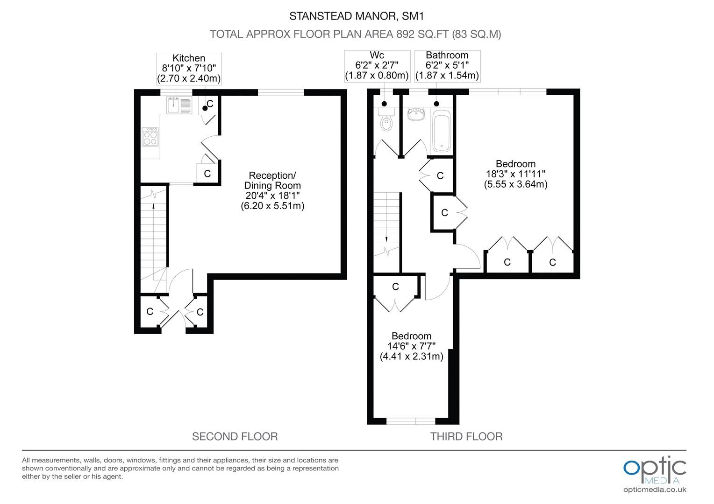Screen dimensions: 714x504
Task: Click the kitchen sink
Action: [x=179, y=105]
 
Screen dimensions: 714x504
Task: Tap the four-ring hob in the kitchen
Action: [x=150, y=137]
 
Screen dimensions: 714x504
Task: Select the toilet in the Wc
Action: [x=386, y=120]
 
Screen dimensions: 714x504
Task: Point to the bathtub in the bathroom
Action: [x=442, y=131]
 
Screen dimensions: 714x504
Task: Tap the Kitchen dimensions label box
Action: [x=189, y=69]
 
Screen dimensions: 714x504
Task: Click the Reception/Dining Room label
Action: [x=272, y=190]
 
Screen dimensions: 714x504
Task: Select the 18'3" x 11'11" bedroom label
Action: [x=516, y=174]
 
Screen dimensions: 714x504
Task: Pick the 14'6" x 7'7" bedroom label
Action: [x=412, y=346]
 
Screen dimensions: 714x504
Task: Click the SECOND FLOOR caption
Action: [x=235, y=436]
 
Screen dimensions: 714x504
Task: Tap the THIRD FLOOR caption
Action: [x=466, y=436]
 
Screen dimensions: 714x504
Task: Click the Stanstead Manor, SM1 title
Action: [x=357, y=16]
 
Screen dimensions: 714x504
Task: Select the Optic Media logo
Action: [x=655, y=470]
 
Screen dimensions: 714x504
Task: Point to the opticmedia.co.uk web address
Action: [x=655, y=490]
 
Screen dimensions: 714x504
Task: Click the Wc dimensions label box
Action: [x=377, y=66]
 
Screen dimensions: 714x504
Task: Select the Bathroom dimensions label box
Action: [x=447, y=66]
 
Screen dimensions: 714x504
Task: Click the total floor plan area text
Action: [x=356, y=34]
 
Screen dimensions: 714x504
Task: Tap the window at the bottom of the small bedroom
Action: [x=411, y=421]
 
